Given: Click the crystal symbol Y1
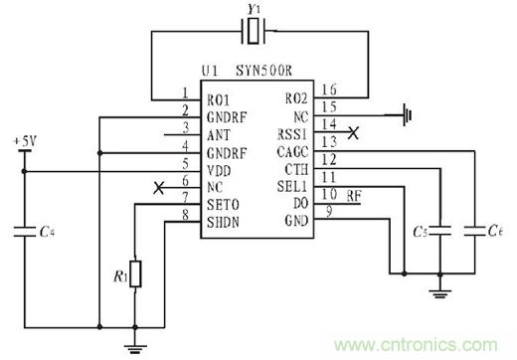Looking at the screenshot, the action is [254, 31].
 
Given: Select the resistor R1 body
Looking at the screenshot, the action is [135, 273].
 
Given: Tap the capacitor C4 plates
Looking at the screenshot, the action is [24, 232].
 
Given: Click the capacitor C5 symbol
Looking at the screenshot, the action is [439, 231].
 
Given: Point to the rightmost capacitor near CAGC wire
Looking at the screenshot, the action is [474, 231].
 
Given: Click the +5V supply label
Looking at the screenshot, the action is [25, 141].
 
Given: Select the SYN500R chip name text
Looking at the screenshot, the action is [263, 71].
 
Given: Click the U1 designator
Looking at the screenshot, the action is [210, 71].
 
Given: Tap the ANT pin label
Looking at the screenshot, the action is [219, 135].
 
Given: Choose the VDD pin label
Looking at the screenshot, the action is [219, 171].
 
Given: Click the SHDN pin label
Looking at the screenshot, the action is [223, 222].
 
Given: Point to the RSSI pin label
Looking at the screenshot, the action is [292, 134].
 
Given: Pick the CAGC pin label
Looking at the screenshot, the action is [292, 152].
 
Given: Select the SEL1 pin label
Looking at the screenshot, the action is [291, 187].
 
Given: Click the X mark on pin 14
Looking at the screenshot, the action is [354, 133].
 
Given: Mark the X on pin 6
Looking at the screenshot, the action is [159, 188].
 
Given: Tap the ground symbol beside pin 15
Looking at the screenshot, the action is [408, 115].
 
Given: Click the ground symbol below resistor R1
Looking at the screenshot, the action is [135, 349].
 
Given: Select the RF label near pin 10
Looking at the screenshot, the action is [354, 196].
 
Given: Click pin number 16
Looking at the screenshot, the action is [329, 90].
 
